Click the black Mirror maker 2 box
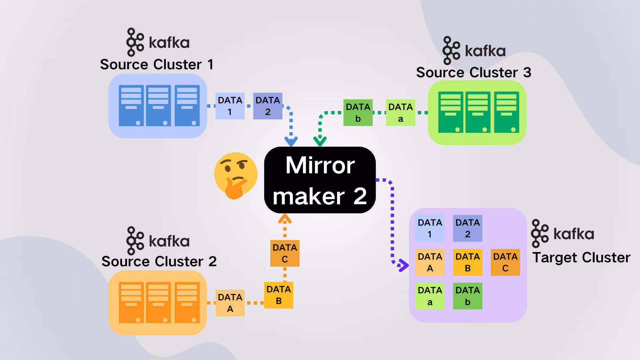click(x=320, y=180)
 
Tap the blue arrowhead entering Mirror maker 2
click(x=291, y=141)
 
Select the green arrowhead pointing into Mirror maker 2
click(x=320, y=141)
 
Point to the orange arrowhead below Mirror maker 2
click(x=285, y=218)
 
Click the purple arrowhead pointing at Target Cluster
click(x=403, y=265)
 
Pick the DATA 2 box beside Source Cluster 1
click(x=268, y=106)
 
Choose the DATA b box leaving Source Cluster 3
click(x=358, y=113)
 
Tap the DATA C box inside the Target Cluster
click(x=505, y=262)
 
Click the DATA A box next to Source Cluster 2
click(x=230, y=303)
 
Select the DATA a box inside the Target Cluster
click(x=430, y=296)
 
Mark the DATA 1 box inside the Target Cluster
click(x=430, y=228)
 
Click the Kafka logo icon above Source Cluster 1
click(x=135, y=42)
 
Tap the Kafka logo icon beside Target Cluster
click(x=540, y=233)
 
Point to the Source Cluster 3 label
click(x=474, y=72)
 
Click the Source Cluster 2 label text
click(x=159, y=261)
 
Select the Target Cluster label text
click(x=581, y=257)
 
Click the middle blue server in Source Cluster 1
click(x=158, y=106)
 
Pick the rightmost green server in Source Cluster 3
click(x=506, y=112)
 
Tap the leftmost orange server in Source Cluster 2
click(x=131, y=302)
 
